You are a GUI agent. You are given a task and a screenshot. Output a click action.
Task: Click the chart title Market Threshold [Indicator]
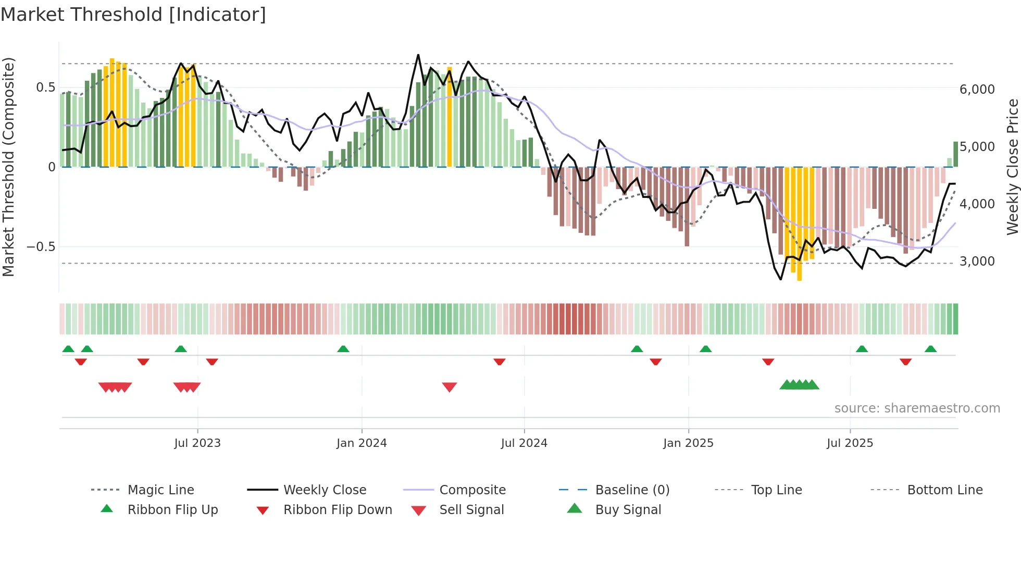[133, 15]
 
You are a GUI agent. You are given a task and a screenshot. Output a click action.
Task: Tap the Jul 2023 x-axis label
[197, 443]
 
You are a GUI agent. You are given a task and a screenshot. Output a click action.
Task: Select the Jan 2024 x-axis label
[362, 443]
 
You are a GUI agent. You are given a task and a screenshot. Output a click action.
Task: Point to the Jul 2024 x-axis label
[524, 443]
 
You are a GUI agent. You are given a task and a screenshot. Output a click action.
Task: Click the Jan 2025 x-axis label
[688, 443]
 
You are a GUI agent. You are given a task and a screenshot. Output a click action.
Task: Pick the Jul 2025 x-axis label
[850, 443]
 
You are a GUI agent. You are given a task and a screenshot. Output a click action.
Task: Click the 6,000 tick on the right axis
[977, 90]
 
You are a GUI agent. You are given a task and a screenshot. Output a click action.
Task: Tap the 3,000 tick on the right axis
[977, 261]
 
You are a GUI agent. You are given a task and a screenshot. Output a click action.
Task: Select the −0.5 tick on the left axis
[41, 247]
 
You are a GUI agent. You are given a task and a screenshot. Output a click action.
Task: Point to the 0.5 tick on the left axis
[45, 88]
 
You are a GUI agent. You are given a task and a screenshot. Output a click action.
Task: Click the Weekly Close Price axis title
[1012, 167]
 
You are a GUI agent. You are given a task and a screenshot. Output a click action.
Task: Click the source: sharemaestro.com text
[917, 408]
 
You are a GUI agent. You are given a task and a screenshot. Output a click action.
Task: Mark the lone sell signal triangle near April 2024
[450, 387]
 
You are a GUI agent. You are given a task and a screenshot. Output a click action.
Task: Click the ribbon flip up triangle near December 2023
[343, 349]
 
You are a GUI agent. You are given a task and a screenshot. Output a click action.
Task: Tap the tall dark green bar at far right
[956, 154]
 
